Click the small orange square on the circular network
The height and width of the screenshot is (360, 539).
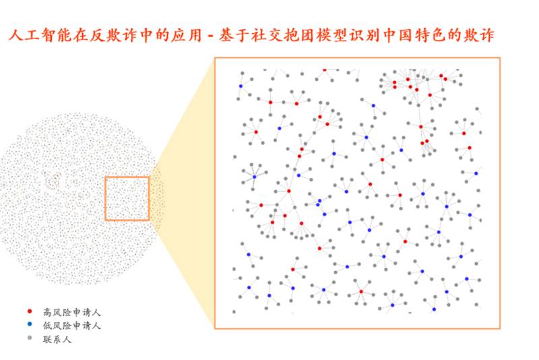[x=127, y=198]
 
